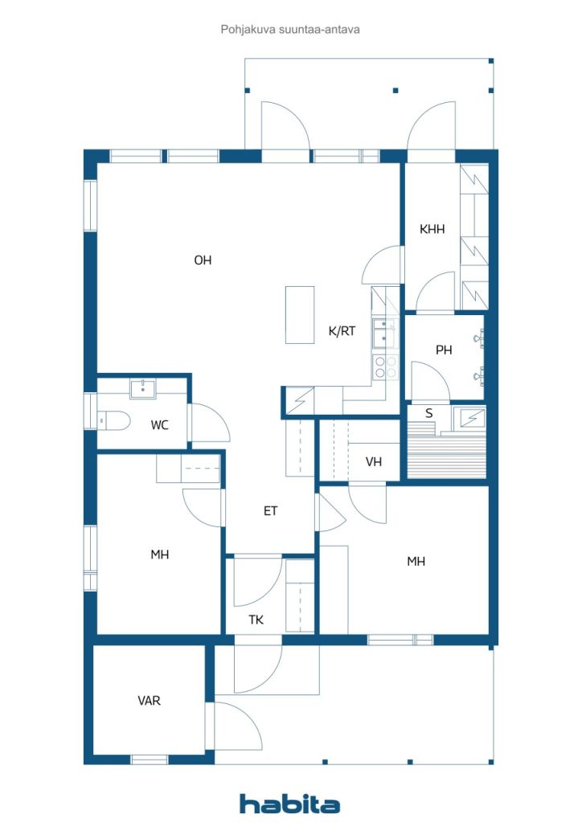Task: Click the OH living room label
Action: (203, 260)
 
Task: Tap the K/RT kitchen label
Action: (342, 330)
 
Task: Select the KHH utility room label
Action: (432, 229)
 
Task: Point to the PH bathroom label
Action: (444, 350)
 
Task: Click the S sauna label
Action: (428, 413)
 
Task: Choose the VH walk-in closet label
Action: (373, 462)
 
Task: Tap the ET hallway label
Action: (270, 510)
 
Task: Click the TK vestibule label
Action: (256, 620)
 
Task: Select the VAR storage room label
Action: (149, 700)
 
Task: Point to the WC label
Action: (159, 424)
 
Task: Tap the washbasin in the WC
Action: (143, 390)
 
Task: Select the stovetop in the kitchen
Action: (385, 366)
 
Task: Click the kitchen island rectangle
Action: (300, 315)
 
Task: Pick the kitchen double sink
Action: (385, 334)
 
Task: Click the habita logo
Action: (289, 804)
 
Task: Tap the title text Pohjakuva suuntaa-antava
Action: (290, 30)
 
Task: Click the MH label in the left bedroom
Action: (159, 555)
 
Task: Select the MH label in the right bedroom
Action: (416, 562)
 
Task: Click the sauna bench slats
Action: (446, 455)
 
